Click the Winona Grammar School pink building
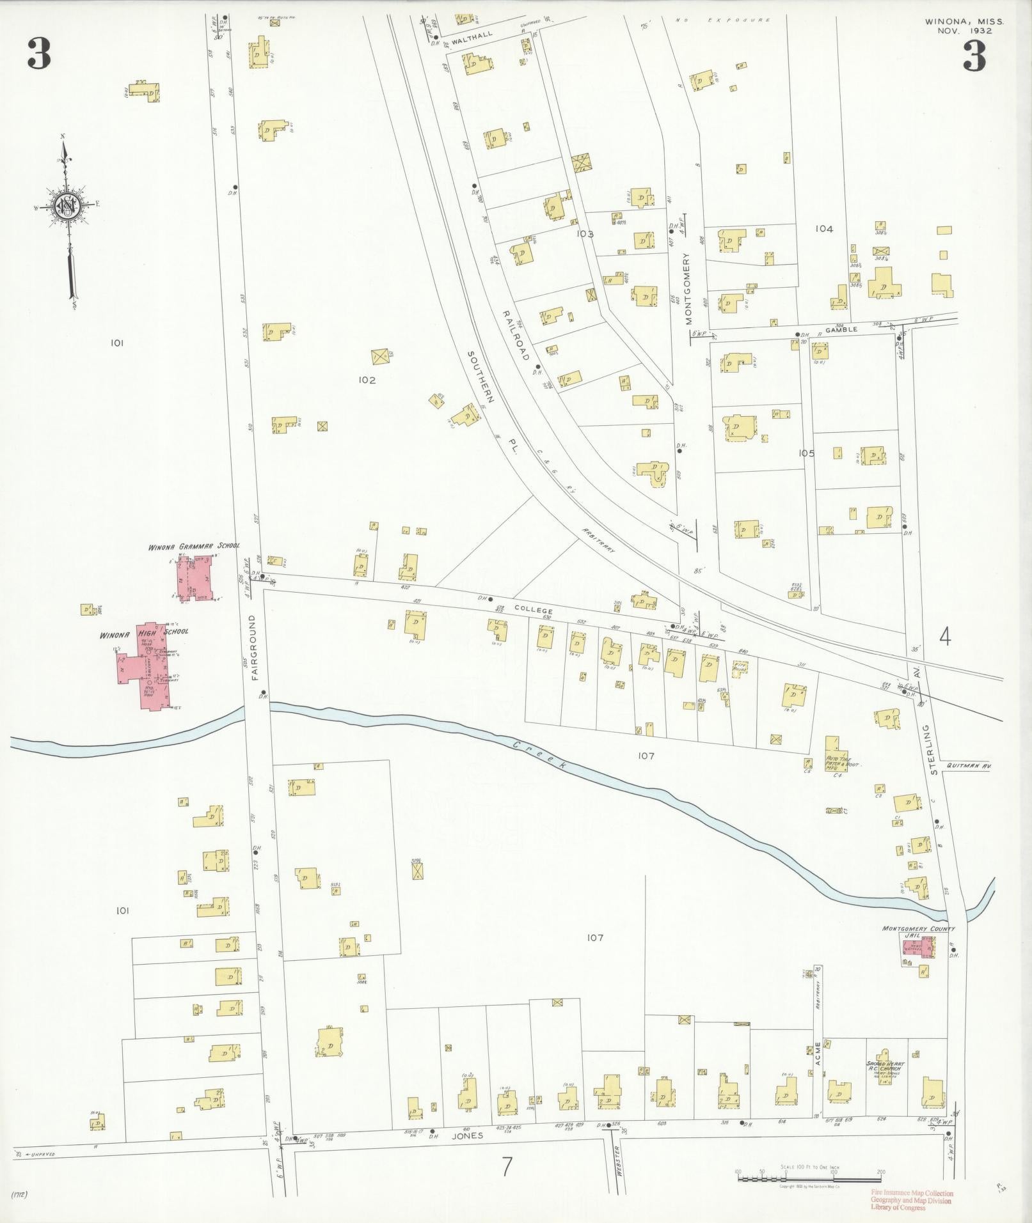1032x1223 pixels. (x=196, y=578)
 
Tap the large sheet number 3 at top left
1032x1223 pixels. (x=39, y=54)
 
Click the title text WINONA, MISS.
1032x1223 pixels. (x=964, y=21)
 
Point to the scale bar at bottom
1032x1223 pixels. (x=809, y=1178)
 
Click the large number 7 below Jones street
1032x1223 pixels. (x=507, y=1167)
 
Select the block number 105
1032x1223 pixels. (x=806, y=453)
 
